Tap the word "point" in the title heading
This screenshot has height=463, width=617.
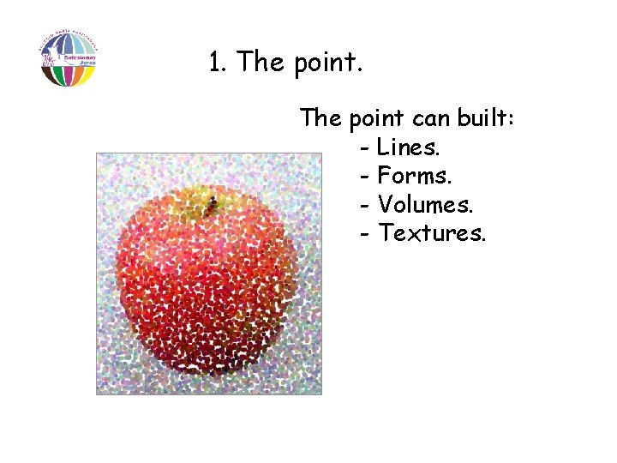pos(326,63)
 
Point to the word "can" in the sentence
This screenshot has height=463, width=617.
pos(428,120)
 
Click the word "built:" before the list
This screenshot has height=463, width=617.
pos(486,118)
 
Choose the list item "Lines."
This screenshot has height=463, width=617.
pos(408,147)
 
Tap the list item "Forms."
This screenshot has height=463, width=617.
pos(414,176)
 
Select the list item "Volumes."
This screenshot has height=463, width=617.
pos(426,204)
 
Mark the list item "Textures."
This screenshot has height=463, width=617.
pos(433,232)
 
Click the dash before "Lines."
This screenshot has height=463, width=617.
pos(366,149)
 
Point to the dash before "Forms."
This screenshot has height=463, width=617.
pos(366,177)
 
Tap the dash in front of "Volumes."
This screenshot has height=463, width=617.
pos(366,206)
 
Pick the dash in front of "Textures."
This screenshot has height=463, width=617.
pos(366,234)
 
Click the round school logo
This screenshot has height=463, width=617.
pos(68,58)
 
